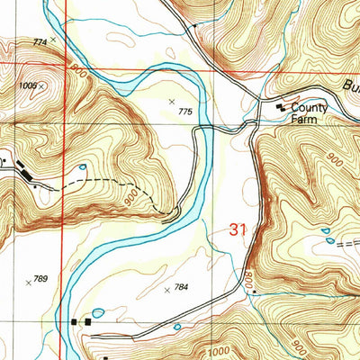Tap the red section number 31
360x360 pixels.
click(238, 230)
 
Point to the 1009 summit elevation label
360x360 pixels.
click(27, 85)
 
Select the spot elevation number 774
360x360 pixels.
click(39, 42)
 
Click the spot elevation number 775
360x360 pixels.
click(186, 112)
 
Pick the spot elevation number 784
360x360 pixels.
click(180, 288)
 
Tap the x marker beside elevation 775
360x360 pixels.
click(172, 102)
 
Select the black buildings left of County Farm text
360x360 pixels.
click(281, 108)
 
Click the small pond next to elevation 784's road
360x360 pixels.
click(176, 326)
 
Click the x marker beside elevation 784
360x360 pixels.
click(166, 290)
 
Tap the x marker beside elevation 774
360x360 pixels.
click(53, 40)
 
